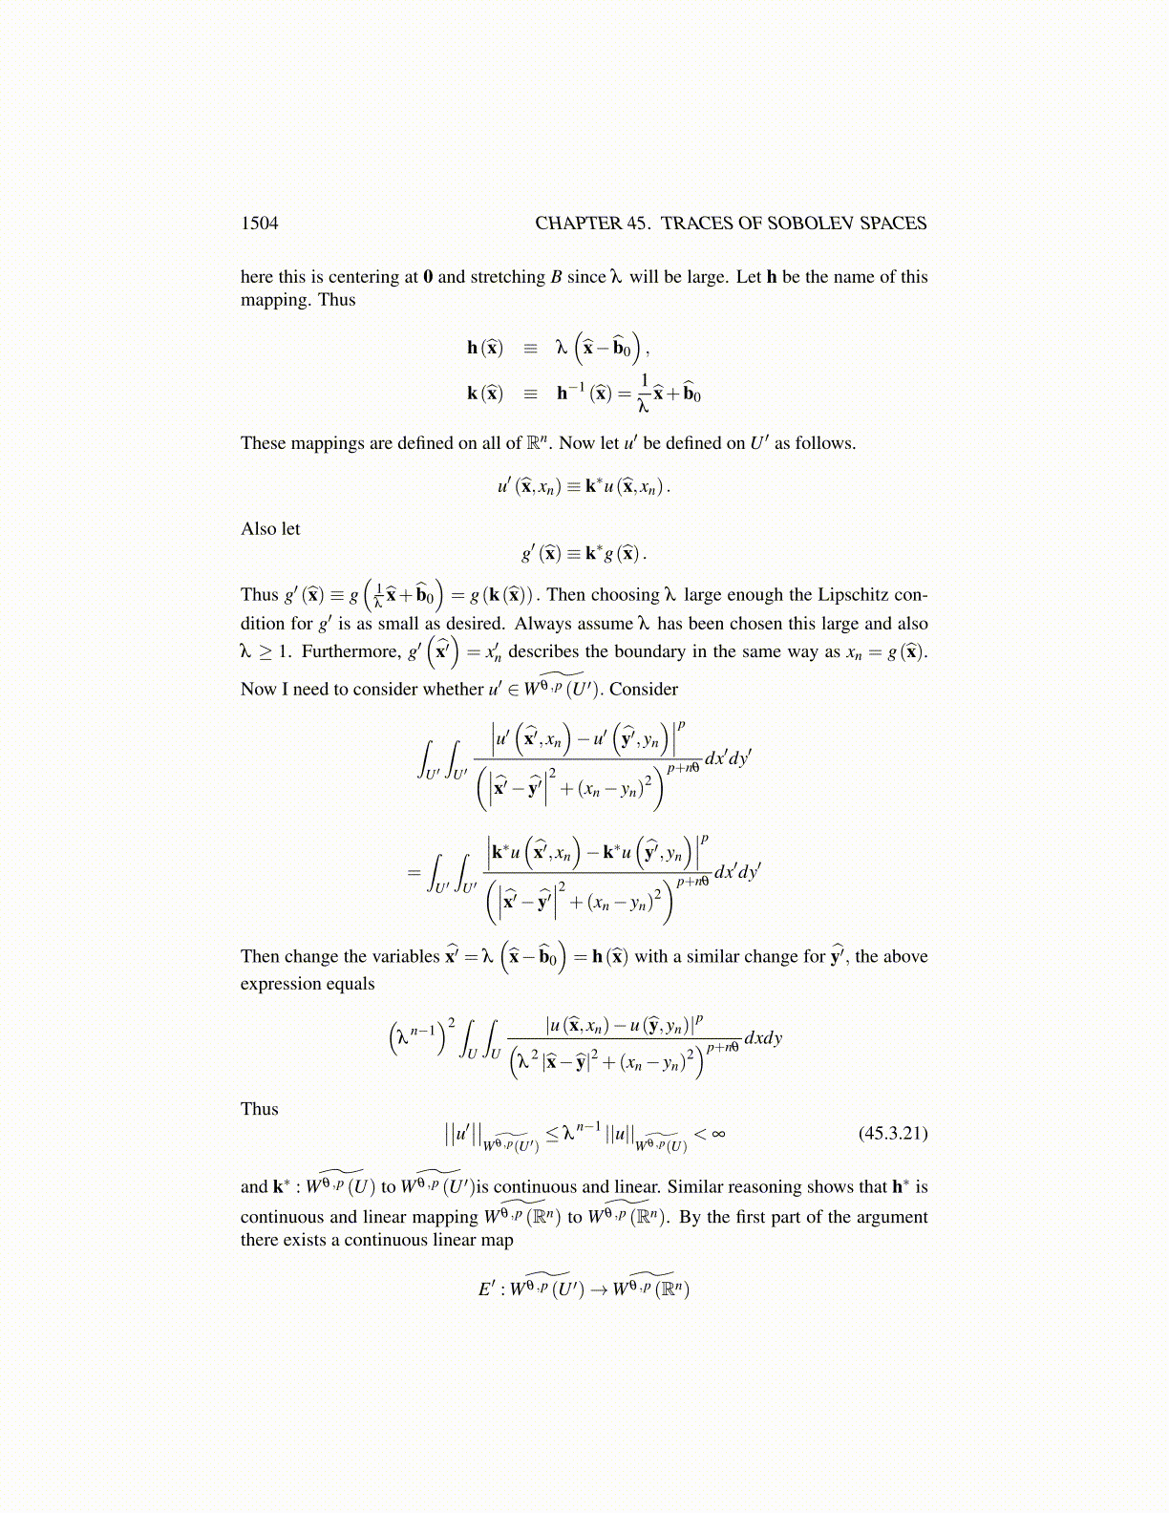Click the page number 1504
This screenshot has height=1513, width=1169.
coord(260,224)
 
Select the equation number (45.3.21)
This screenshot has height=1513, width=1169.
coord(893,1134)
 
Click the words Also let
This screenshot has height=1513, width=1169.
coord(270,529)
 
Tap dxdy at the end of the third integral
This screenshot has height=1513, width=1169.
coord(763,1038)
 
